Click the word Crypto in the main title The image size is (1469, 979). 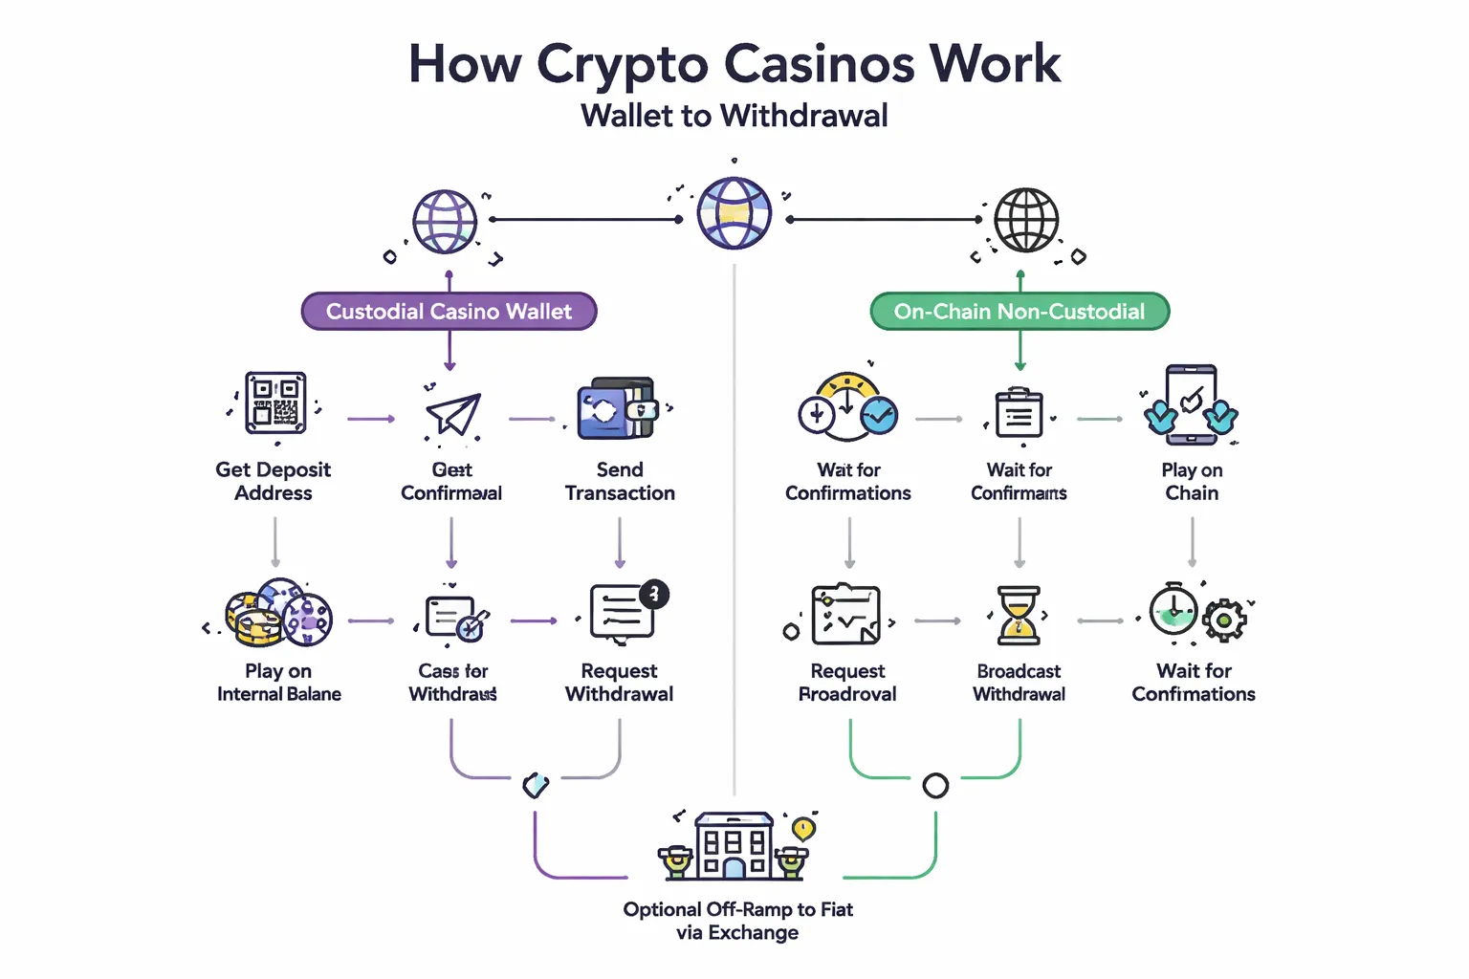(x=622, y=65)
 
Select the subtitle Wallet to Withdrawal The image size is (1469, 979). (x=734, y=116)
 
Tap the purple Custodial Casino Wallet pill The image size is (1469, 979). (x=449, y=312)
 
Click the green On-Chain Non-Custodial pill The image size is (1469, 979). (x=1020, y=312)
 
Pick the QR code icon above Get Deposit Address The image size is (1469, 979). (x=275, y=403)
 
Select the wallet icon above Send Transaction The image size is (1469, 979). (x=617, y=408)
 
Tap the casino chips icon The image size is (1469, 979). (x=278, y=613)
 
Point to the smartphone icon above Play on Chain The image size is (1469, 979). (x=1191, y=404)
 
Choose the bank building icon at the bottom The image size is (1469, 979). (x=734, y=846)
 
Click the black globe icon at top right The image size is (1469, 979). (x=1025, y=220)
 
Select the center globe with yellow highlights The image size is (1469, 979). (x=734, y=213)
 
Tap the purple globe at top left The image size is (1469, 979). (x=445, y=222)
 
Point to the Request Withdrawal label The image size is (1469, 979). (x=619, y=683)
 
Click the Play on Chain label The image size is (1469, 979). (x=1192, y=482)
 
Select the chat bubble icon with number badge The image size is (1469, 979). (x=625, y=612)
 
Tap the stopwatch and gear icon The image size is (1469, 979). (x=1195, y=612)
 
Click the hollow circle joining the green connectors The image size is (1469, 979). (x=934, y=786)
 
